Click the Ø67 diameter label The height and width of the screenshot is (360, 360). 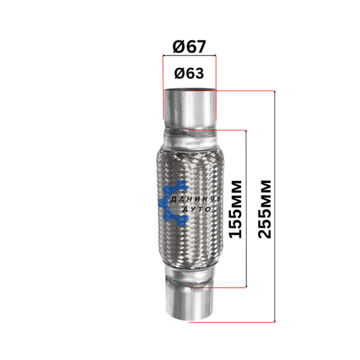point(189,47)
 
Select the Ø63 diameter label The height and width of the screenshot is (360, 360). point(189,73)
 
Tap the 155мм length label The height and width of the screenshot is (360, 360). point(236,209)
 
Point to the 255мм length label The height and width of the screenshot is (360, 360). point(265,209)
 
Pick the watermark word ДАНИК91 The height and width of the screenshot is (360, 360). point(195,199)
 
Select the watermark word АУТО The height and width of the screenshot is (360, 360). point(197,209)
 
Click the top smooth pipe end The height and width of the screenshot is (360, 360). point(190,108)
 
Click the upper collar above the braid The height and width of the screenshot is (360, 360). point(190,140)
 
